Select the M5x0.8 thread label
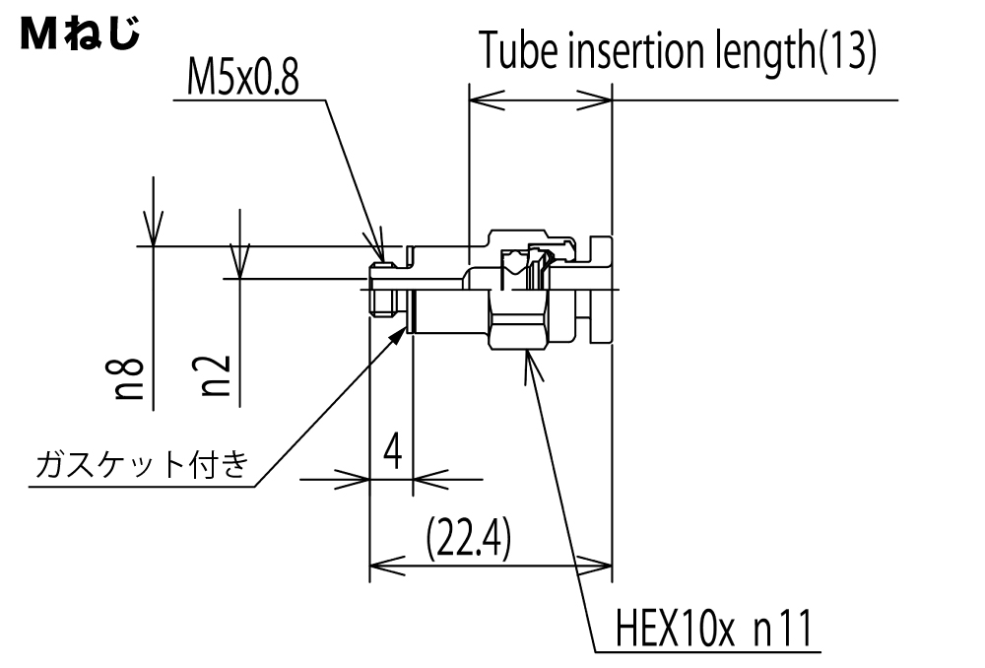242,78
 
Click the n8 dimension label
129,379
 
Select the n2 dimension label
216,375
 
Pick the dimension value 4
393,450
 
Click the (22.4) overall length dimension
468,539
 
